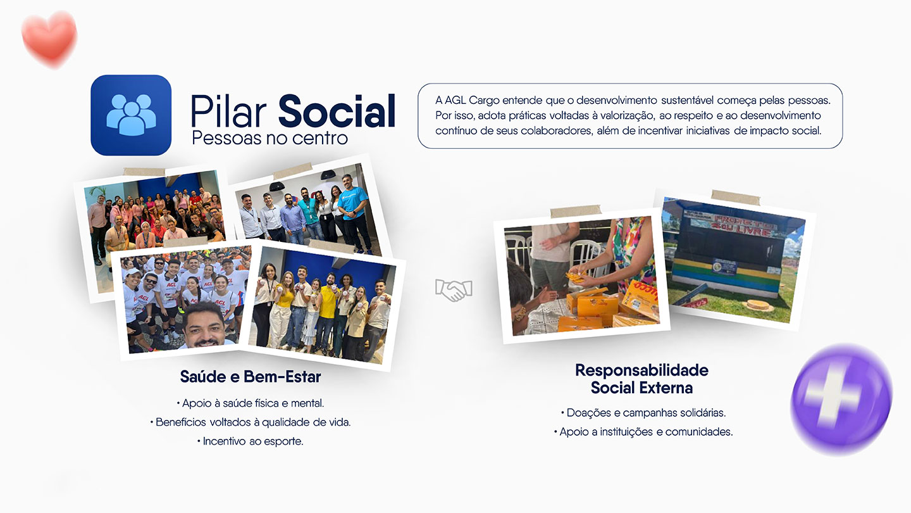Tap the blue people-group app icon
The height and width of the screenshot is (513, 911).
click(131, 115)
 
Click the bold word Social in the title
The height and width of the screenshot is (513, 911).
click(337, 111)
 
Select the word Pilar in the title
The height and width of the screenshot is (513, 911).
click(228, 111)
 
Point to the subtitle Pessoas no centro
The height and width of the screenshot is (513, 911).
click(270, 138)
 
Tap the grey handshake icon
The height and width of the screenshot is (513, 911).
click(454, 290)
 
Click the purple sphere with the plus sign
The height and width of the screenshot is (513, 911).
click(841, 400)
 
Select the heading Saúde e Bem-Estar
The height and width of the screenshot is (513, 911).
click(251, 377)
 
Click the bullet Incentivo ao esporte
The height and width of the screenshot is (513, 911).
click(251, 441)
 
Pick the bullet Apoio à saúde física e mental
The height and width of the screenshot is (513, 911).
click(251, 403)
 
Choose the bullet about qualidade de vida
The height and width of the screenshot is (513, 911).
click(251, 422)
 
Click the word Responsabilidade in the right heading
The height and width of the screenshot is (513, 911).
click(641, 370)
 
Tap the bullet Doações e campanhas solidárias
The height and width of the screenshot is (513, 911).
click(643, 413)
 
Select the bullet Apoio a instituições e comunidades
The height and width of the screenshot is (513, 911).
click(643, 431)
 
